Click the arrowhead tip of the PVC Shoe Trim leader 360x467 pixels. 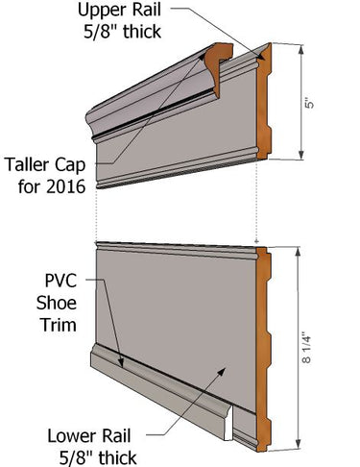click(123, 365)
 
